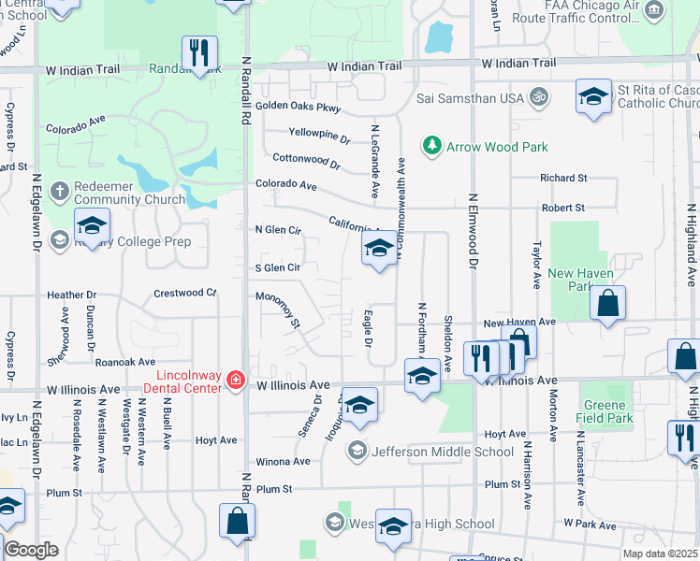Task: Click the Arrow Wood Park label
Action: pyautogui.click(x=497, y=147)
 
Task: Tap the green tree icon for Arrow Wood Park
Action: pyautogui.click(x=431, y=146)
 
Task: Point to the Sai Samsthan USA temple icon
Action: pyautogui.click(x=539, y=96)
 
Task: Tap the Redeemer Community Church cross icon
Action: pyautogui.click(x=58, y=191)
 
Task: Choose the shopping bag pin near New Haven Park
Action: pyautogui.click(x=607, y=303)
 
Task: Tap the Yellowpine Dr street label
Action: pyautogui.click(x=319, y=136)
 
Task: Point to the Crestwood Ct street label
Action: pyautogui.click(x=184, y=293)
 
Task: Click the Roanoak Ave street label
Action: pyautogui.click(x=125, y=361)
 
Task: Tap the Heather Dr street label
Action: pyautogui.click(x=72, y=295)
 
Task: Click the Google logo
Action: pyautogui.click(x=31, y=549)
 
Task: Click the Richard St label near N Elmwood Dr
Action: pyautogui.click(x=563, y=178)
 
